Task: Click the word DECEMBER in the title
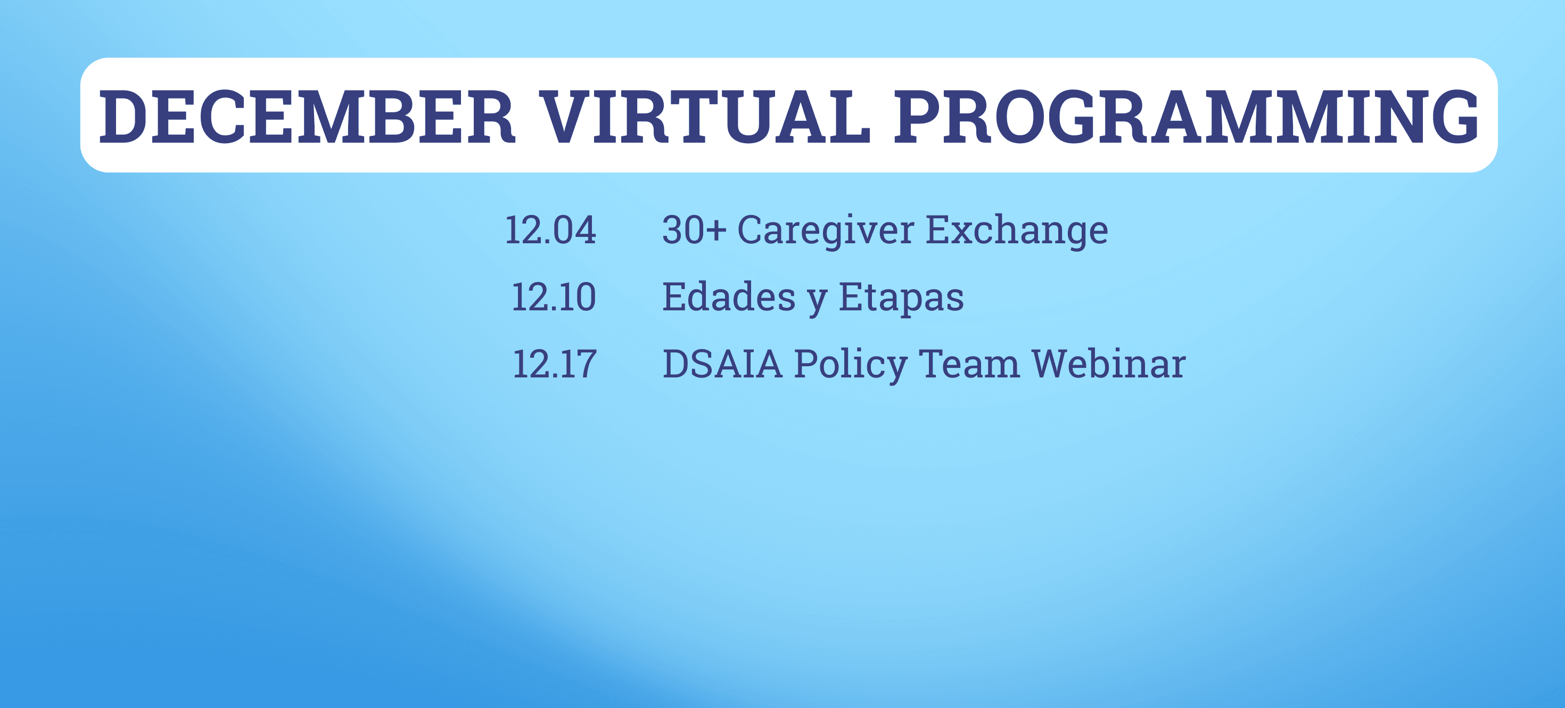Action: (x=307, y=117)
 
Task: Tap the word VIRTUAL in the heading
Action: (x=705, y=117)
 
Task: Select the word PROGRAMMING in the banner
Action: (x=1186, y=117)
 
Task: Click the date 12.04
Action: (x=550, y=230)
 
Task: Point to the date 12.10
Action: (x=554, y=297)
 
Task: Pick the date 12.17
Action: (x=554, y=364)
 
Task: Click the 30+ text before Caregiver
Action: (x=694, y=230)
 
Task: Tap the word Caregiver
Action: (x=825, y=231)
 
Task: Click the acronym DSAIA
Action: (x=722, y=364)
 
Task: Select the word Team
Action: (x=969, y=364)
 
